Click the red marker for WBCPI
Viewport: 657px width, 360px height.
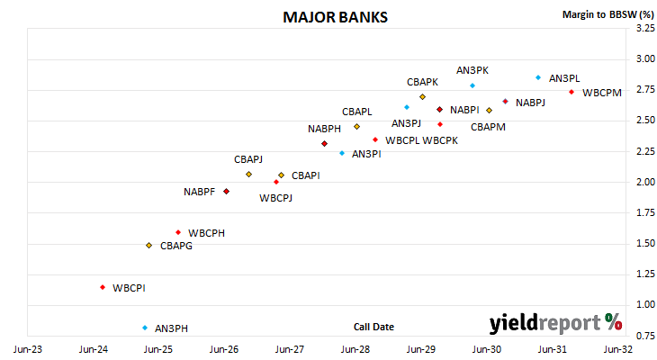(x=103, y=287)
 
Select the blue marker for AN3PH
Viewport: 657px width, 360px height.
(x=145, y=328)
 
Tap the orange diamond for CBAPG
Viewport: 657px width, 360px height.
(x=148, y=245)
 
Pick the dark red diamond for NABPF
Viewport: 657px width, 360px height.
(x=226, y=192)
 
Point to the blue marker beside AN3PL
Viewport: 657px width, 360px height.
(x=538, y=77)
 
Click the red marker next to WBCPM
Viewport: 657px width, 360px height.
(x=571, y=92)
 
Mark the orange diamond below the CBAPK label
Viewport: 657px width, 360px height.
(x=422, y=97)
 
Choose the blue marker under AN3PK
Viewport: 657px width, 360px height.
(x=472, y=85)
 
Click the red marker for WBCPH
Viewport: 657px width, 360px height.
(x=178, y=232)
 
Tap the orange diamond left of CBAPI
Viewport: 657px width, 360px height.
(x=281, y=175)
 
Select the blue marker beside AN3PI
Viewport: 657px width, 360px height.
(x=342, y=153)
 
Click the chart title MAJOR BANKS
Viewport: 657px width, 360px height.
(x=335, y=17)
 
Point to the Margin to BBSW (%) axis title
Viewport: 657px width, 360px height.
(x=608, y=14)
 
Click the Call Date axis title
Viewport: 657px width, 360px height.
(x=373, y=327)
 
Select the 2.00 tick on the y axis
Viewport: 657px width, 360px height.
(x=645, y=182)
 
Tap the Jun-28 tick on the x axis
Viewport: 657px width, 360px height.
(x=355, y=349)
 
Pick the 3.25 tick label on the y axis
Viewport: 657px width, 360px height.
(x=645, y=28)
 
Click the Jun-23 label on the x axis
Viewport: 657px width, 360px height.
(x=28, y=349)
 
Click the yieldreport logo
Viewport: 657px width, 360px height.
(x=555, y=323)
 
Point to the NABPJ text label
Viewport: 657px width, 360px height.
(x=530, y=103)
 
